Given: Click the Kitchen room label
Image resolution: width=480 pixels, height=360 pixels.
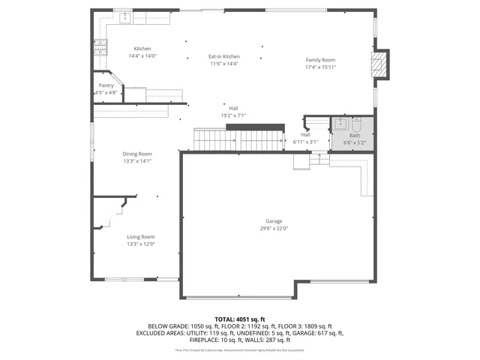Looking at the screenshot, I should (x=142, y=49).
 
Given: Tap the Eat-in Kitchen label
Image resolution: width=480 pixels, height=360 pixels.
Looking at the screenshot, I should (x=224, y=57).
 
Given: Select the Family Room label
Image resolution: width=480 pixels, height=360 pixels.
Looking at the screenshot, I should (x=320, y=60).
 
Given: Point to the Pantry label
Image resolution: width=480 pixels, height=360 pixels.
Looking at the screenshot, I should (x=106, y=85).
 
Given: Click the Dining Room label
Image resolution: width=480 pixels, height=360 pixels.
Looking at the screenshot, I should (x=137, y=154).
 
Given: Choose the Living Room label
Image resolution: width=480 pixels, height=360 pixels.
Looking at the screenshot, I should (x=140, y=237).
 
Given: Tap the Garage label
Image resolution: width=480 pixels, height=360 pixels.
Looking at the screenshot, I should (x=274, y=221).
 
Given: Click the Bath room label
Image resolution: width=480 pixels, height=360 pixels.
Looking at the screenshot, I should (x=354, y=136).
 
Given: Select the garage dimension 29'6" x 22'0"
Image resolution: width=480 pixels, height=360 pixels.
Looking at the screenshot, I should (x=274, y=229).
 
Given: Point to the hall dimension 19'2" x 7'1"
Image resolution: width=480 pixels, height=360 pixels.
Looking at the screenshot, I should (x=233, y=115).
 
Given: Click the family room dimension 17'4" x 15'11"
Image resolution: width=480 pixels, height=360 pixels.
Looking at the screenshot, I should (x=320, y=67).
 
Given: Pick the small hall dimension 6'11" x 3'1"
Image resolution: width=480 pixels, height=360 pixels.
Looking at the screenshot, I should (x=305, y=142).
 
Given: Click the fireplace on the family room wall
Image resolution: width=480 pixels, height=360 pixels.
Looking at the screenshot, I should (x=382, y=64).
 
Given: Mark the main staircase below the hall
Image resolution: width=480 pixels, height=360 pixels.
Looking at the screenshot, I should (x=240, y=139).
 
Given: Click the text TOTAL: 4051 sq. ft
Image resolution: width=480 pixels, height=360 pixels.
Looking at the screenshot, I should (x=240, y=319).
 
